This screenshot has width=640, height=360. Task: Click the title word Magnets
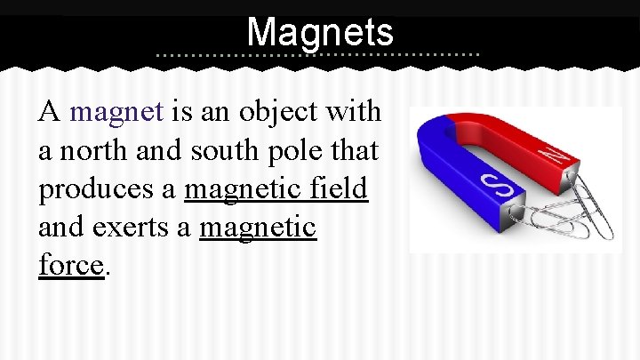pyautogui.click(x=320, y=33)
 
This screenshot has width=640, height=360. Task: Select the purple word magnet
pyautogui.click(x=116, y=112)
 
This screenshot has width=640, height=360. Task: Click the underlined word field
pyautogui.click(x=339, y=190)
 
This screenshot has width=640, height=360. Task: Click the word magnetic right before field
pyautogui.click(x=244, y=190)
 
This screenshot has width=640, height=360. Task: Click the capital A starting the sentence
pyautogui.click(x=48, y=112)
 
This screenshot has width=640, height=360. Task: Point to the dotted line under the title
pyautogui.click(x=318, y=55)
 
